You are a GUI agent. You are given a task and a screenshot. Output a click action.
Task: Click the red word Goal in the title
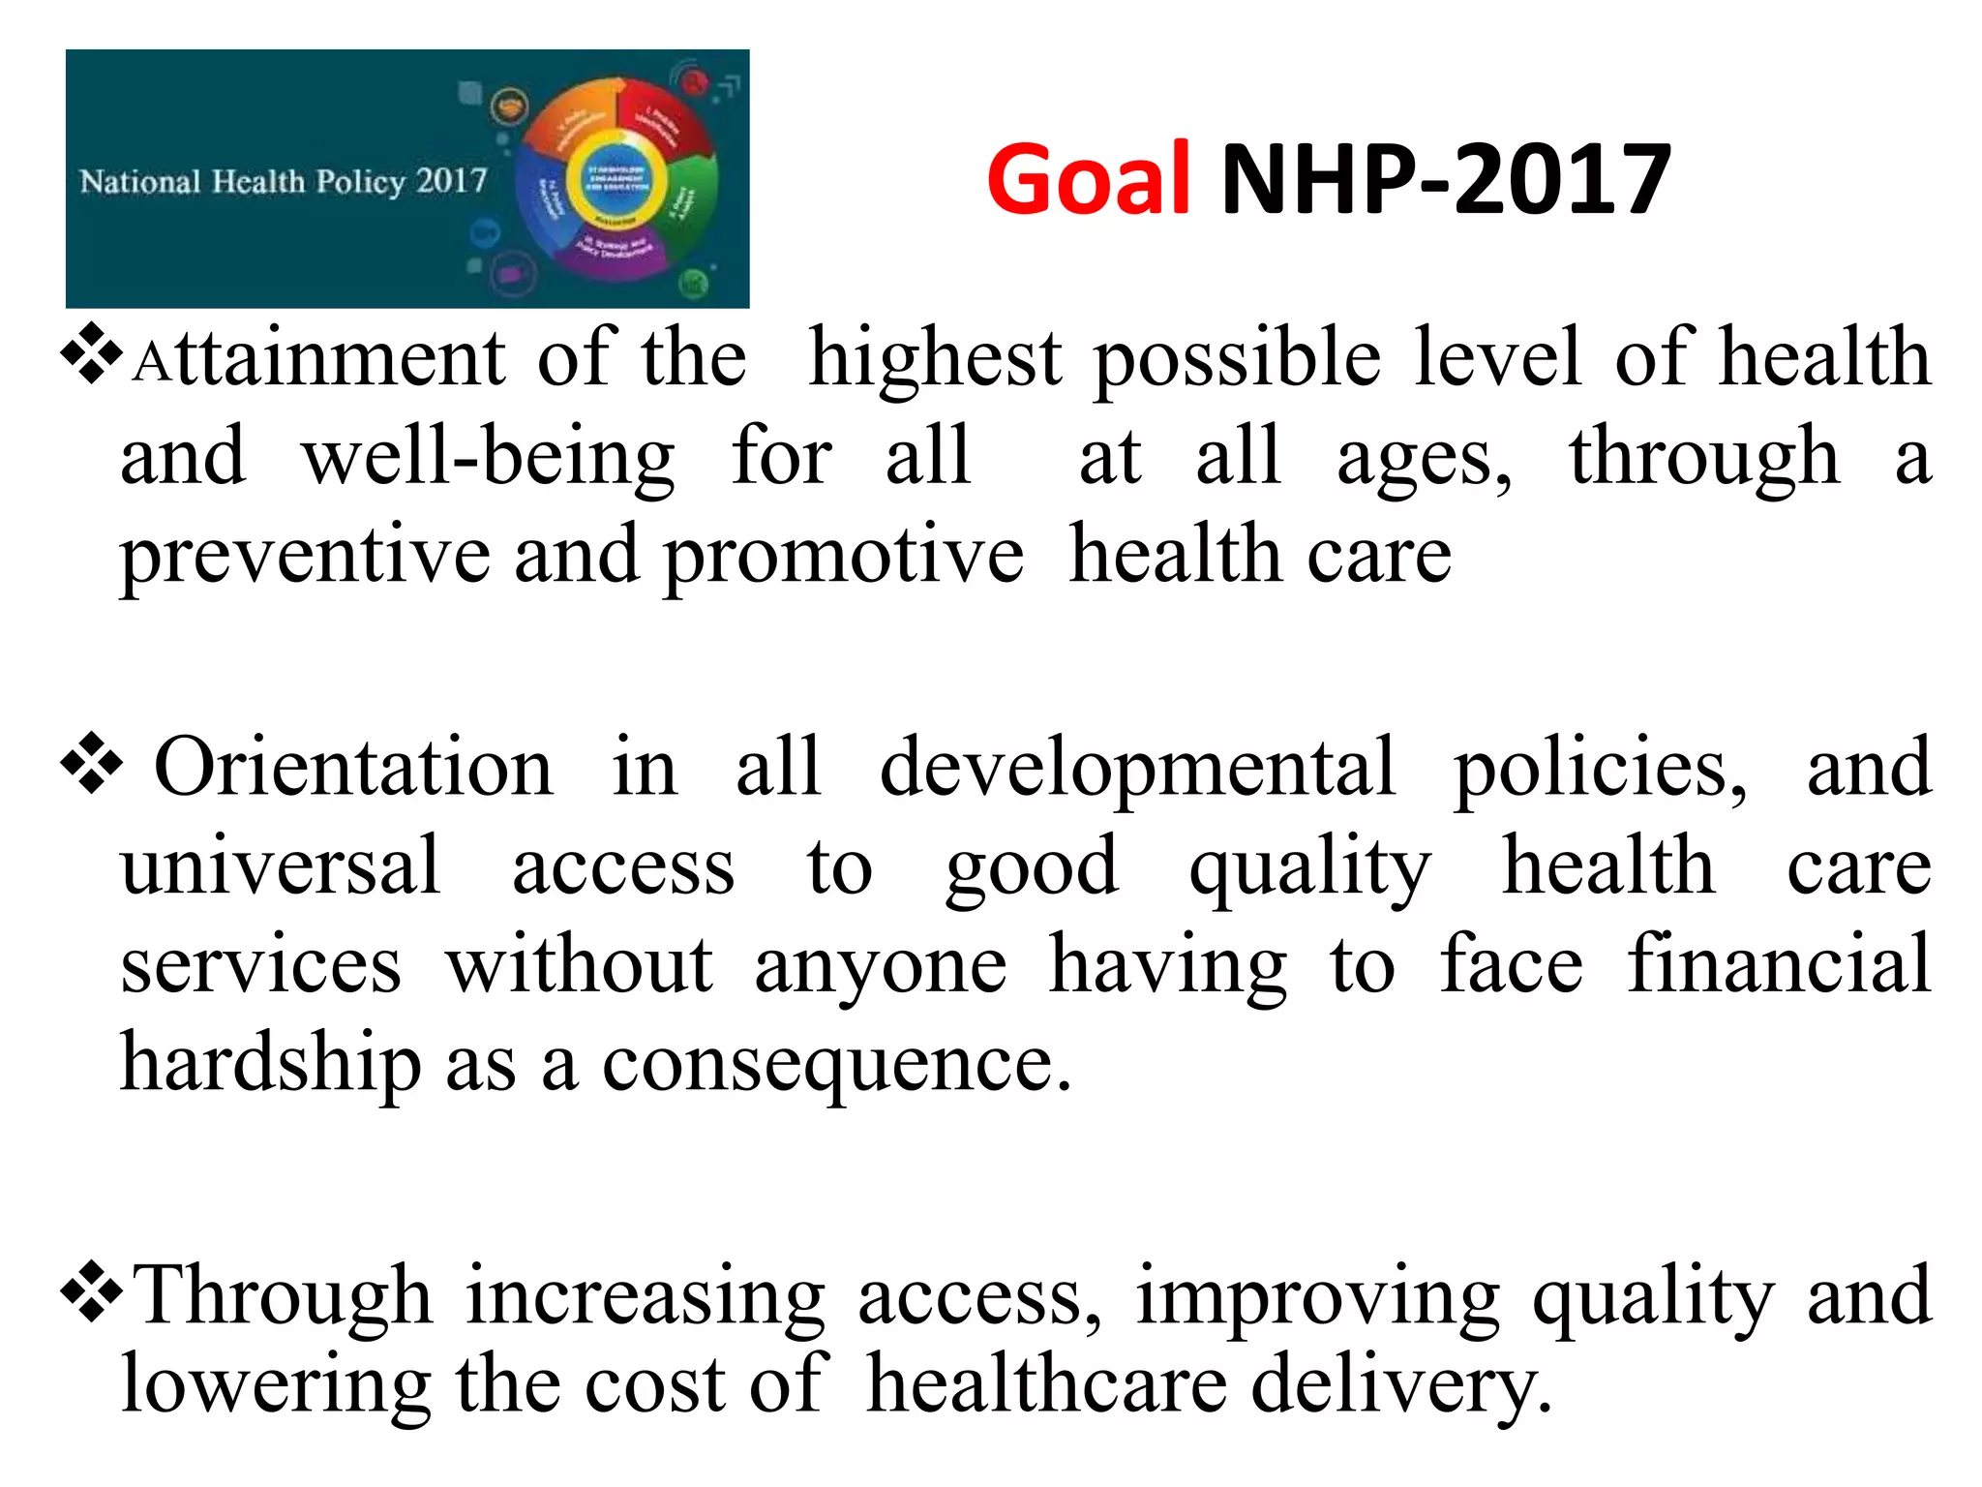pyautogui.click(x=1088, y=179)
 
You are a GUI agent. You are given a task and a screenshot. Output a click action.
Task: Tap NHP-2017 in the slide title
pyautogui.click(x=1446, y=179)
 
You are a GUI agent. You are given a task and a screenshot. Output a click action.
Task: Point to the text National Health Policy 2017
pyautogui.click(x=284, y=181)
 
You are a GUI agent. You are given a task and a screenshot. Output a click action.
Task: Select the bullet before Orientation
pyautogui.click(x=92, y=765)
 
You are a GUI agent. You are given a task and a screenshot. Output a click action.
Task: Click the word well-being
pyautogui.click(x=489, y=458)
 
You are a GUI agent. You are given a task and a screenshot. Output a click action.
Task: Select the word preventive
pyautogui.click(x=305, y=557)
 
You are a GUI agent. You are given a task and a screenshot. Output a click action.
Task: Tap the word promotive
pyautogui.click(x=843, y=557)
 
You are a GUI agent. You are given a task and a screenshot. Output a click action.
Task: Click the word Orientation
pyautogui.click(x=353, y=767)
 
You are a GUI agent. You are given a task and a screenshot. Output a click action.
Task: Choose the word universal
pyautogui.click(x=281, y=865)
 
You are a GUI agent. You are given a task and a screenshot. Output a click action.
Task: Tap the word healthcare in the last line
pyautogui.click(x=1046, y=1384)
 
